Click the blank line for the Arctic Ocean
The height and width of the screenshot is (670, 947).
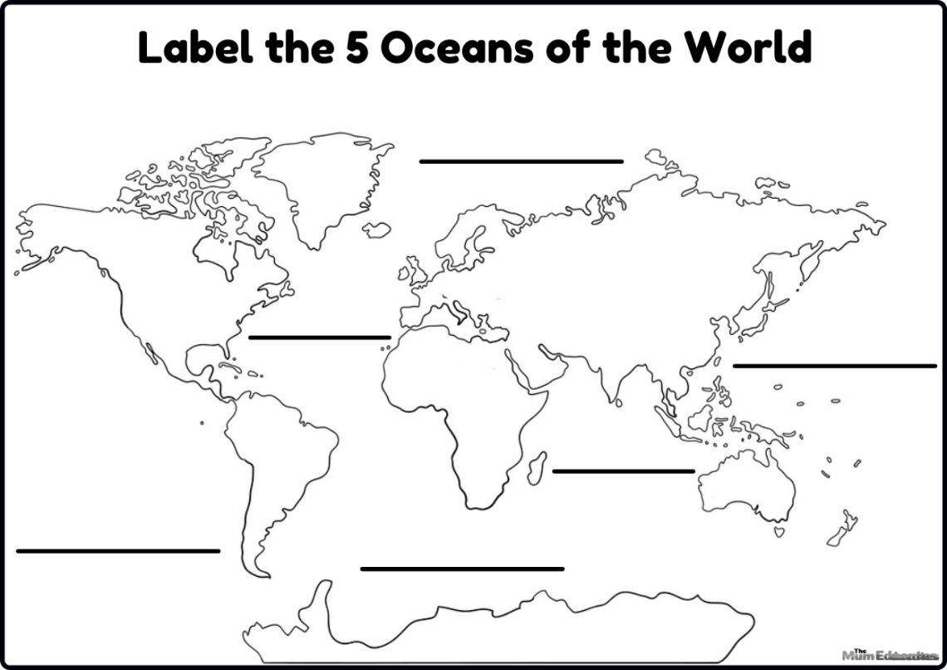tap(521, 161)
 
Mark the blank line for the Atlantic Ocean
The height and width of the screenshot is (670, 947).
tap(319, 337)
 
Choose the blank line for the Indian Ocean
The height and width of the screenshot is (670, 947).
tap(623, 471)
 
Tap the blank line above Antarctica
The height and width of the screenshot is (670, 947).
tap(462, 569)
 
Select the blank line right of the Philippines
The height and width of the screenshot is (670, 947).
tap(834, 365)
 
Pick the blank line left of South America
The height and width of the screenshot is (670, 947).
tap(118, 550)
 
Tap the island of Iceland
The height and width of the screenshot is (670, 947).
tap(377, 229)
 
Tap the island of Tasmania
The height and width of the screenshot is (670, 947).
tap(779, 530)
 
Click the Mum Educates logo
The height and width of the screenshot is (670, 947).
tap(889, 655)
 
